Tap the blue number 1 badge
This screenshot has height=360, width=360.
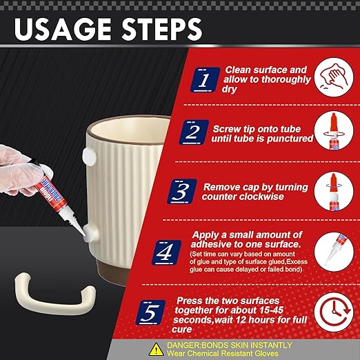tap(205, 80)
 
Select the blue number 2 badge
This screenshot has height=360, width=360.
tap(194, 132)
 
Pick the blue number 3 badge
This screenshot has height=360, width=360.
tap(182, 192)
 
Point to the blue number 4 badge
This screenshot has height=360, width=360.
tap(166, 252)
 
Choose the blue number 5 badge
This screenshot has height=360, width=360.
tap(150, 312)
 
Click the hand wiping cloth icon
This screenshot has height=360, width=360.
tap(334, 77)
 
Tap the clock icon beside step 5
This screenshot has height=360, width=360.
tap(334, 312)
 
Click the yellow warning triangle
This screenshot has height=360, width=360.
tap(157, 350)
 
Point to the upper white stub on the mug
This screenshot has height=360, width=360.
tap(89, 157)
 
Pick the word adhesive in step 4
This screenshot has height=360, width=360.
tap(211, 244)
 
